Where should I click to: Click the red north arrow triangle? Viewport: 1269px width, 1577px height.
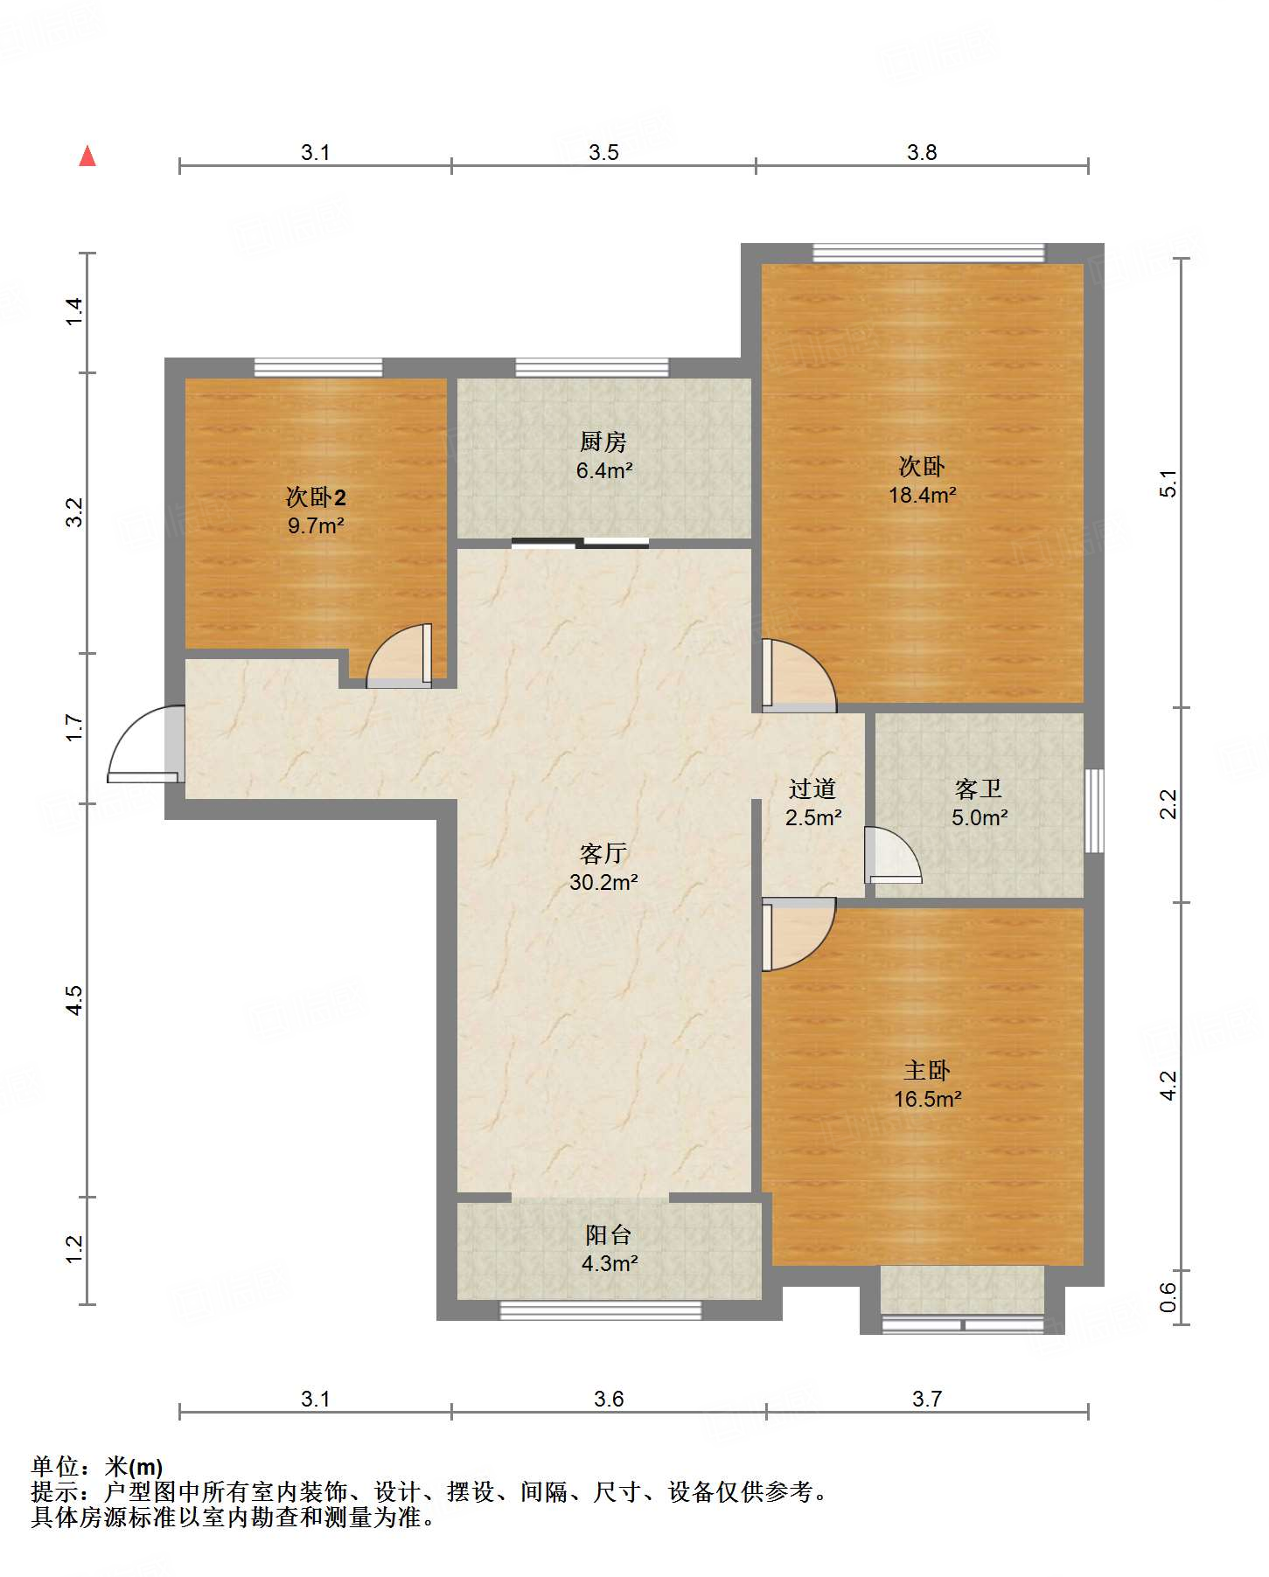87,156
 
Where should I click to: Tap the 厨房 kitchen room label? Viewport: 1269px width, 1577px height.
603,441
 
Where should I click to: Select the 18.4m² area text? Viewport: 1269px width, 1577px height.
923,495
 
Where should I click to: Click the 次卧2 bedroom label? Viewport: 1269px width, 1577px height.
316,497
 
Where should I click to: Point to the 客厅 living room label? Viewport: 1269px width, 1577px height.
603,853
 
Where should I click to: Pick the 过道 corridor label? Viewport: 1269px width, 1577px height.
812,788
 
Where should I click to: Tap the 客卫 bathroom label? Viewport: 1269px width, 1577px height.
979,788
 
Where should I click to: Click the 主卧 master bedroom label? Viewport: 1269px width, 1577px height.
927,1070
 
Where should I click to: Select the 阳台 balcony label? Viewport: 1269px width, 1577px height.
609,1234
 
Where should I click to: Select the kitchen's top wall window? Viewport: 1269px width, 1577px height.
592,367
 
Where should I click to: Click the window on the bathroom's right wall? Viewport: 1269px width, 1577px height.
1094,810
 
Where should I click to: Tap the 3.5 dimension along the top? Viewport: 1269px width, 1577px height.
603,152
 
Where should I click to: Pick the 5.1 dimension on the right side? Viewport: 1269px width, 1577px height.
1169,483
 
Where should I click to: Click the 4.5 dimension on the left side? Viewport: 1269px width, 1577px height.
75,1000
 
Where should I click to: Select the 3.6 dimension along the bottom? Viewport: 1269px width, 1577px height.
609,1399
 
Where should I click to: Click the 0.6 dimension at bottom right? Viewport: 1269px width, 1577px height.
1169,1296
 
